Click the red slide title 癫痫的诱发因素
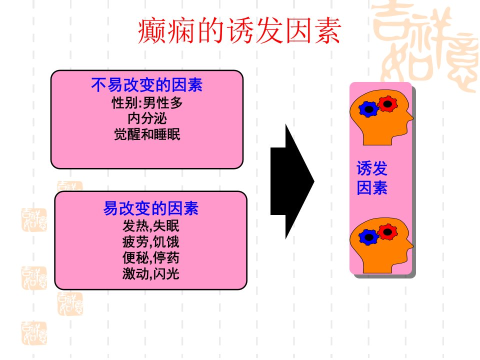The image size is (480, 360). coord(239,30)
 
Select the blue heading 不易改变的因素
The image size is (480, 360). coord(147,85)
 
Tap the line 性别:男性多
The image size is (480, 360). coord(147,102)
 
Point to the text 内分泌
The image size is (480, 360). coord(147,118)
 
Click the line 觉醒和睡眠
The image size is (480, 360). coord(147,134)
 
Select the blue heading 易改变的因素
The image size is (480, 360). coord(151,208)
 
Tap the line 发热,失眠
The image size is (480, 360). coord(151,226)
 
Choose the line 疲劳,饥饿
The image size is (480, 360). coord(151,242)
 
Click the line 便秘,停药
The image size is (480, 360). coord(151,258)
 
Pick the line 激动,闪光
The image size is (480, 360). coord(151,273)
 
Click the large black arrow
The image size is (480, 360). coord(292,181)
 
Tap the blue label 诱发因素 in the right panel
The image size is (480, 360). coord(372,178)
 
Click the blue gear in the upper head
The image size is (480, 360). coord(368,109)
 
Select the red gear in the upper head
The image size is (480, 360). coord(387,104)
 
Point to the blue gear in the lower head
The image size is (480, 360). coord(368,237)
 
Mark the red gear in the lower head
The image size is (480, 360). coord(387,232)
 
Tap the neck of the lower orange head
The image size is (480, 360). coord(377,267)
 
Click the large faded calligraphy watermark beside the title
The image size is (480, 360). coord(425,46)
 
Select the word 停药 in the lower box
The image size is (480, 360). coord(166,258)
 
